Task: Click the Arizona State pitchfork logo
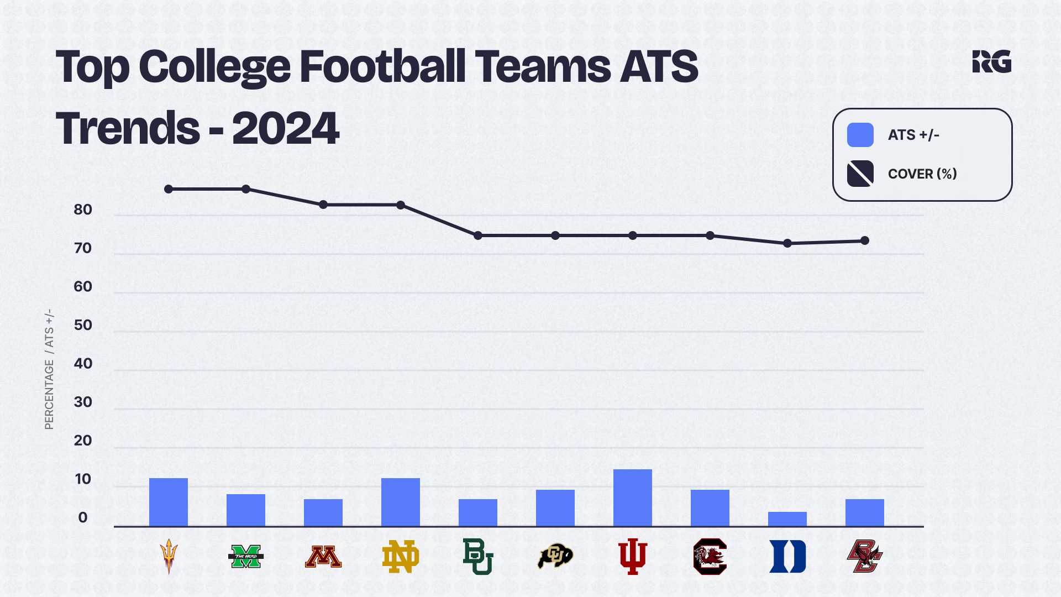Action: tap(169, 557)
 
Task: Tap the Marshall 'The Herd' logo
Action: tap(246, 557)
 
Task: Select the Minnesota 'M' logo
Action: tap(323, 557)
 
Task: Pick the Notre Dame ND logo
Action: tap(401, 557)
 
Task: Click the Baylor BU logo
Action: tap(478, 557)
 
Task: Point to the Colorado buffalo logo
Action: tap(555, 557)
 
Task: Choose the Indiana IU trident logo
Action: tap(633, 557)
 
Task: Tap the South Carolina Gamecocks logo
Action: tap(710, 557)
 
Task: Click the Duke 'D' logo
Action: tap(787, 557)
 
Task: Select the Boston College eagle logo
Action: tap(865, 557)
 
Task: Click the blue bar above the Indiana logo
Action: tap(633, 498)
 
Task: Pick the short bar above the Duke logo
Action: tap(787, 519)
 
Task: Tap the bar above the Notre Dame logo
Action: tap(401, 502)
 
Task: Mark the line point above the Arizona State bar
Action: tap(169, 189)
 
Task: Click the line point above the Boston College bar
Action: tap(865, 240)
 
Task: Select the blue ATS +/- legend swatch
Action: tap(860, 135)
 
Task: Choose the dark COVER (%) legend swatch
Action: tap(860, 174)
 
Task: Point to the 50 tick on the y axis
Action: tap(83, 325)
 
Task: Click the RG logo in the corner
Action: tap(992, 61)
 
